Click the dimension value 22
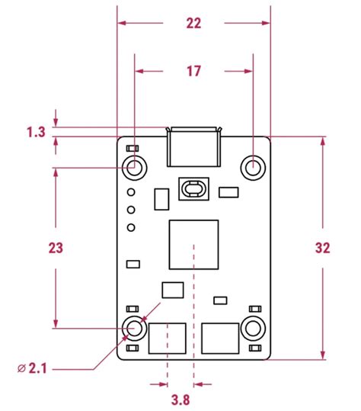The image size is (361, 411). coord(193,24)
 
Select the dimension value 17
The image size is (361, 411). coord(193,72)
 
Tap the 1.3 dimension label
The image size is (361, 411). coord(36,132)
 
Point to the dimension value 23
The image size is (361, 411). coord(56,248)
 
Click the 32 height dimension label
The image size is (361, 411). coord(322,248)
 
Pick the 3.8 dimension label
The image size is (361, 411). coord(180,400)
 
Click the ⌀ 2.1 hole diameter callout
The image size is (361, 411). coord(32,368)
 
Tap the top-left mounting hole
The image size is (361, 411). coord(135,168)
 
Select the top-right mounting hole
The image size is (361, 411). coord(253,168)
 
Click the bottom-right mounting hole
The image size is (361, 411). coord(253,328)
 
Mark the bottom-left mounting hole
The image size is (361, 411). coord(135,328)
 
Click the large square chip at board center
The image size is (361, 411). coord(193,245)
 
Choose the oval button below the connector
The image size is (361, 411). coord(193,189)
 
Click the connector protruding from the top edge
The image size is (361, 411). coord(193,146)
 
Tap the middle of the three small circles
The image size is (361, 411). coord(131,210)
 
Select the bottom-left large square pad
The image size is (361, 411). coord(168,339)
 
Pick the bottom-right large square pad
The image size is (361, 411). coord(220,339)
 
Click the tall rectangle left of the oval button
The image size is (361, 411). coord(161,199)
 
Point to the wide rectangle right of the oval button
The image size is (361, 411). coord(228,192)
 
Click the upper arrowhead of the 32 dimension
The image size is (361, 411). coord(323,141)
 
